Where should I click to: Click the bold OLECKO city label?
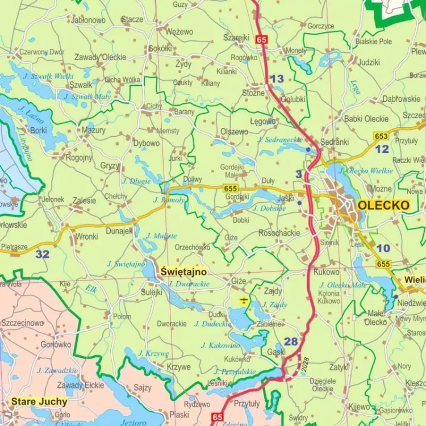[383, 205]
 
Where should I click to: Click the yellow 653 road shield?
[381, 136]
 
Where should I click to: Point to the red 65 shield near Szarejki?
[261, 39]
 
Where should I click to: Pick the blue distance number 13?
[277, 79]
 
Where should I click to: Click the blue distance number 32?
[43, 254]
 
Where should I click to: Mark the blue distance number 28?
[291, 341]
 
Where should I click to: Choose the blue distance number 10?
[383, 248]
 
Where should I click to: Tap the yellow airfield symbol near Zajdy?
[244, 300]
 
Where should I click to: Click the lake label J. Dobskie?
[269, 208]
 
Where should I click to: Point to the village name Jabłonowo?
[89, 20]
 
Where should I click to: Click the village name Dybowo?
[147, 143]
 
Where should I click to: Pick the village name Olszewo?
[234, 131]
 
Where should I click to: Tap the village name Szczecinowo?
[22, 323]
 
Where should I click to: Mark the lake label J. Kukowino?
[220, 345]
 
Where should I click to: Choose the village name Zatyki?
[339, 367]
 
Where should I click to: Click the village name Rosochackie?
[279, 233]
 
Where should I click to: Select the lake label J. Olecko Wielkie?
[366, 170]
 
